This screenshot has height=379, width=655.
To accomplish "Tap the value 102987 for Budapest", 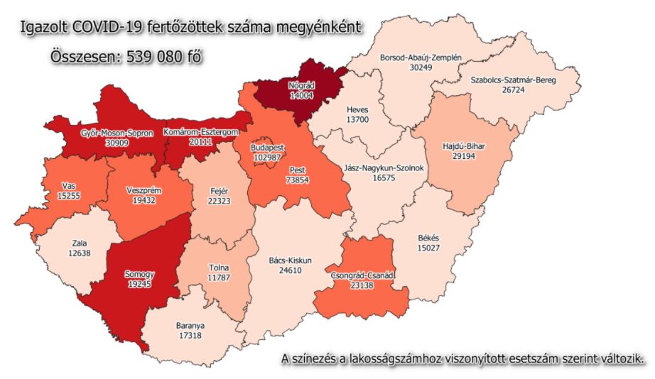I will pyautogui.click(x=268, y=157).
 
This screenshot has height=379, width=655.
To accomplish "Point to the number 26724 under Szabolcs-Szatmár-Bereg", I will pyautogui.click(x=514, y=91).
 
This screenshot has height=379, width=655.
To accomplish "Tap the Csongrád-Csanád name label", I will pyautogui.click(x=363, y=275).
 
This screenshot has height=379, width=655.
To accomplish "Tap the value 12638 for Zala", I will pyautogui.click(x=80, y=253).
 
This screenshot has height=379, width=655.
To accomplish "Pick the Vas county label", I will pyautogui.click(x=69, y=186).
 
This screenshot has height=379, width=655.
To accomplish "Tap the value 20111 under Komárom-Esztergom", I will pyautogui.click(x=200, y=141).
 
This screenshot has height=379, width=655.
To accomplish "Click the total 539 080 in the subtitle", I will pyautogui.click(x=156, y=57).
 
